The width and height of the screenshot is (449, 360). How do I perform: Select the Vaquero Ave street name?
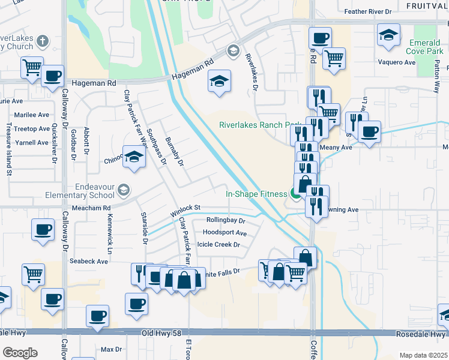pyautogui.click(x=396, y=62)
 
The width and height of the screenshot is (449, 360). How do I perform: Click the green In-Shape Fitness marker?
pyautogui.click(x=295, y=193)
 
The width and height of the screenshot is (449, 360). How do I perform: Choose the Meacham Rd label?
pyautogui.click(x=91, y=208)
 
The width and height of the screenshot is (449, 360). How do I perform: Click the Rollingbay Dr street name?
pyautogui.click(x=226, y=220)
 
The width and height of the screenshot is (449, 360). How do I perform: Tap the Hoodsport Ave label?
pyautogui.click(x=225, y=233)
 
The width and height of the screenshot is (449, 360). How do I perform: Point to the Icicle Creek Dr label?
pyautogui.click(x=223, y=245)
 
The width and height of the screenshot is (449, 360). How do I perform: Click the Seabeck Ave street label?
pyautogui.click(x=89, y=262)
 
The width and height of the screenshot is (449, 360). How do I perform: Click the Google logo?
pyautogui.click(x=20, y=353)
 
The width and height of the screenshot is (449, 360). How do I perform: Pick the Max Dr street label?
pyautogui.click(x=111, y=349)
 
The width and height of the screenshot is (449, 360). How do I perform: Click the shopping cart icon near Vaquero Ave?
pyautogui.click(x=334, y=59)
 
